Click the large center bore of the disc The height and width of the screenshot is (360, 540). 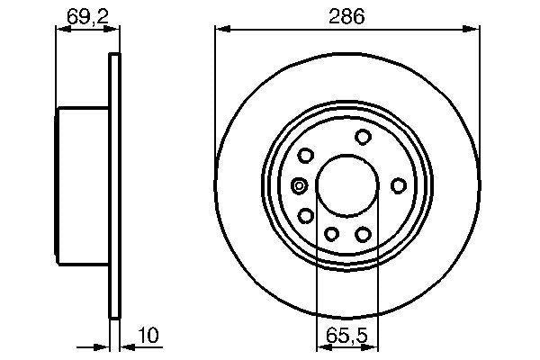click(346, 185)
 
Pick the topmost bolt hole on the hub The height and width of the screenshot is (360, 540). click(364, 137)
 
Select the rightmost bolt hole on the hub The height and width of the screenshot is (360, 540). click(399, 185)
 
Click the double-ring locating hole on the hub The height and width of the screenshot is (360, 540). click(300, 186)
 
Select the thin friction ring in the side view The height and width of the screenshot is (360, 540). click(114, 185)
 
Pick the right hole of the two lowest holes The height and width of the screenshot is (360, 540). click(364, 234)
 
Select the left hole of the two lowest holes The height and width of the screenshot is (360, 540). click(330, 234)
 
